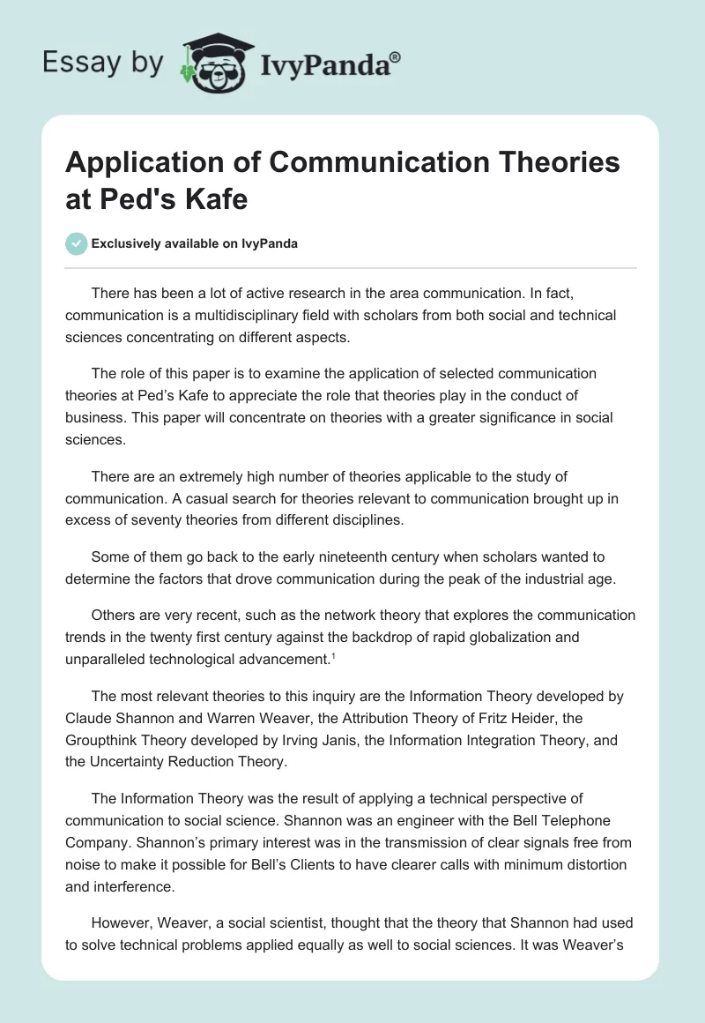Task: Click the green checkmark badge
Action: (77, 243)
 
